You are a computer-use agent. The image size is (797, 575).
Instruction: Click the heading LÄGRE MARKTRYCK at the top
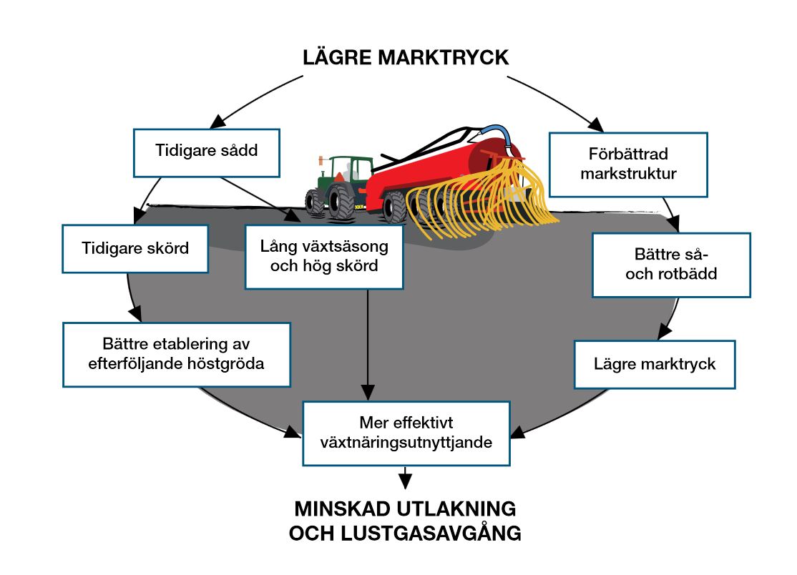pos(405,57)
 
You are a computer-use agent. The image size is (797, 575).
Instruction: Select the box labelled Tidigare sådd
pos(207,152)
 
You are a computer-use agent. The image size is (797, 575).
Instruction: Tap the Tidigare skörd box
pos(135,249)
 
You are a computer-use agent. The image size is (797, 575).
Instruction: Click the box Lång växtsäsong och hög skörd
pos(324,257)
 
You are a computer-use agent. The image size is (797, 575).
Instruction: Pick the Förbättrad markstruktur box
pos(628,164)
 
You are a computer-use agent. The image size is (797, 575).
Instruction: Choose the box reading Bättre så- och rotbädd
pos(670,264)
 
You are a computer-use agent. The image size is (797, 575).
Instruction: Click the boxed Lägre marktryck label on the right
pos(655,364)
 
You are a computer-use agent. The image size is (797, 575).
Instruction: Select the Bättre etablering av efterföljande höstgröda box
pos(176,355)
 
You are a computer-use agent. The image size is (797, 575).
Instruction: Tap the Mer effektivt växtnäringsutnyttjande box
pos(406,433)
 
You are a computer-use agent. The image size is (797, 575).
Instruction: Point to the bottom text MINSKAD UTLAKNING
pos(405,509)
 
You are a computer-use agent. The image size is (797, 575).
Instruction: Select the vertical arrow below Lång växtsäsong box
pos(367,343)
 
